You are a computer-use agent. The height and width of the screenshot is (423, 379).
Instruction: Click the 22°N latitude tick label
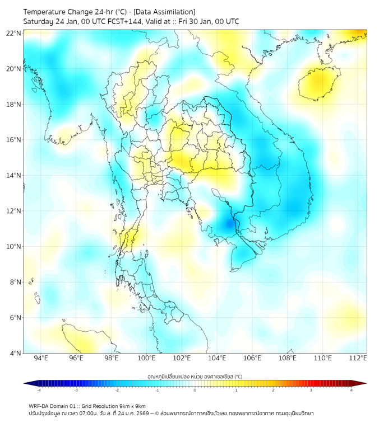14,33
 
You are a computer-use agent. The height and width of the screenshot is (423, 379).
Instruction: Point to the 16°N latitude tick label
14,140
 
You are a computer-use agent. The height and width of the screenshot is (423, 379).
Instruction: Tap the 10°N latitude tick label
14,247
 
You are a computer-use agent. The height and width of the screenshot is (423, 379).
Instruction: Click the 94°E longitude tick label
41,358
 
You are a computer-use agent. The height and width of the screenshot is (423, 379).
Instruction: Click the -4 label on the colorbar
38,390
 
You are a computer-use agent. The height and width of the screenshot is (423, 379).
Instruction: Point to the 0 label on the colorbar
195,390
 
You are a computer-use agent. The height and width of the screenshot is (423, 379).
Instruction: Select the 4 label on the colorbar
352,390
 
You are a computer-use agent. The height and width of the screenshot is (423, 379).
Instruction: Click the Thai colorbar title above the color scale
195,377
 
